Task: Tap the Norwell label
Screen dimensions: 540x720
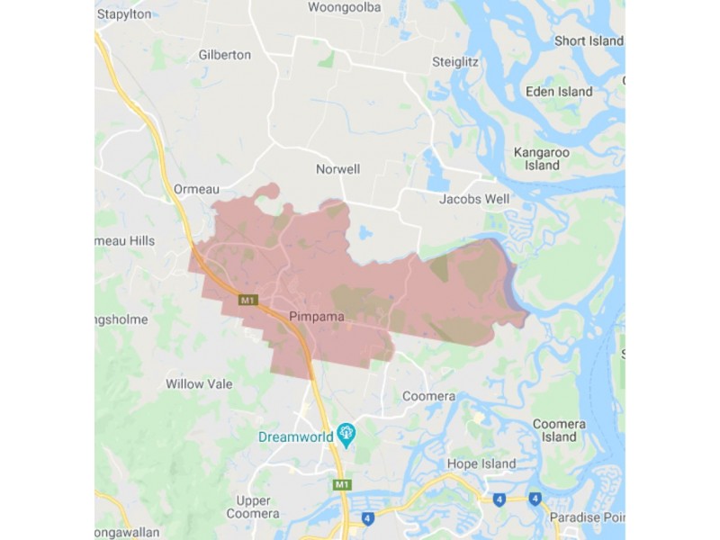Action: pyautogui.click(x=337, y=169)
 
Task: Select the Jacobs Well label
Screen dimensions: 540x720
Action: pyautogui.click(x=474, y=199)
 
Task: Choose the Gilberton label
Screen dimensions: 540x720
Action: pyautogui.click(x=224, y=55)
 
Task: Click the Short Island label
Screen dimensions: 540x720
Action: pyautogui.click(x=589, y=41)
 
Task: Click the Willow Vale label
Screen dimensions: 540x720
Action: pyautogui.click(x=199, y=384)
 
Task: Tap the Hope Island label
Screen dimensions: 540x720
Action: pyautogui.click(x=481, y=464)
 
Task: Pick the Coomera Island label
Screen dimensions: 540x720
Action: pyautogui.click(x=559, y=430)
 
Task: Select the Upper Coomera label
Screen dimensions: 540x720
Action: pyautogui.click(x=252, y=507)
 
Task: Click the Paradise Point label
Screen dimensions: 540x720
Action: pyautogui.click(x=590, y=517)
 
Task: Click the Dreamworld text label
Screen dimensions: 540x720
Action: pyautogui.click(x=294, y=436)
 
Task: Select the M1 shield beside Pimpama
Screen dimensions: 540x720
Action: pyautogui.click(x=248, y=300)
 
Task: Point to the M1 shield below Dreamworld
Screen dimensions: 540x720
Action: pyautogui.click(x=341, y=485)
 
